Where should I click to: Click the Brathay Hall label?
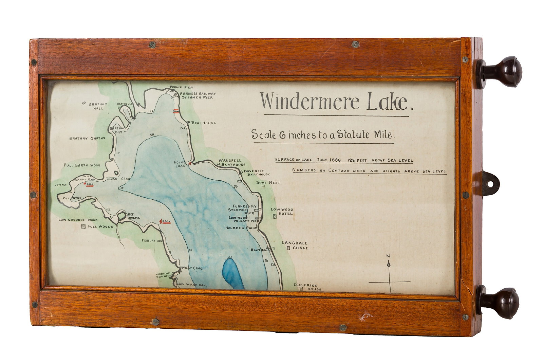pos(98,106)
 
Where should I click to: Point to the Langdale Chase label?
pos(295,245)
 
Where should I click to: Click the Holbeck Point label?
pos(241,228)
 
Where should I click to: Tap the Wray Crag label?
pos(192,268)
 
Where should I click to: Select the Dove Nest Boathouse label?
pos(259,173)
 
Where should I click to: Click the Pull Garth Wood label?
pos(82,165)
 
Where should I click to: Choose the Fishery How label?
pos(153,240)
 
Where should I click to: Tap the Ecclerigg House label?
pos(307,287)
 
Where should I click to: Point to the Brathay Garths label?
pos(87,138)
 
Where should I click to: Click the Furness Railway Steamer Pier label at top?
pos(198,95)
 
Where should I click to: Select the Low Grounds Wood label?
pos(78,220)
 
